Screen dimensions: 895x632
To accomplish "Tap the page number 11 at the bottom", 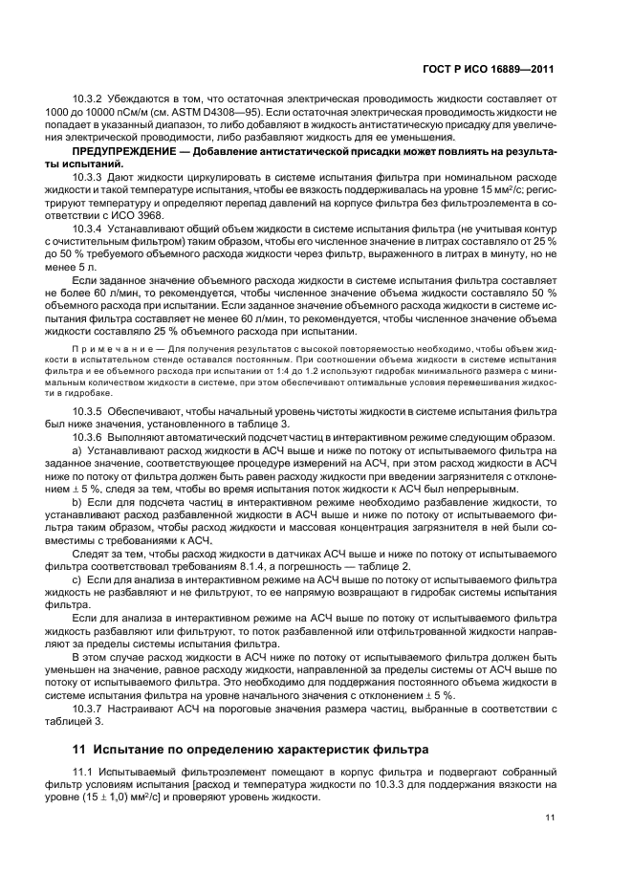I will click(550, 816).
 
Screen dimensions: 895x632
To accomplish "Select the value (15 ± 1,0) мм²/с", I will click(123, 797).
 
